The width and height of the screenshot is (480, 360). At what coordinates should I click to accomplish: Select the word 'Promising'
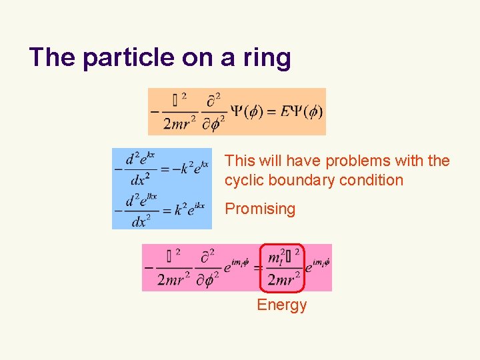(260, 209)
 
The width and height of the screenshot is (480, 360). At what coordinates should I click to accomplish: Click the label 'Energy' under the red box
(282, 305)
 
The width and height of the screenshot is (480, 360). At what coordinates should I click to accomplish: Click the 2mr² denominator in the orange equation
(179, 123)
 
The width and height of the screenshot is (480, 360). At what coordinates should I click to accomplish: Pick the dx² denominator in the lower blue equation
(139, 221)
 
